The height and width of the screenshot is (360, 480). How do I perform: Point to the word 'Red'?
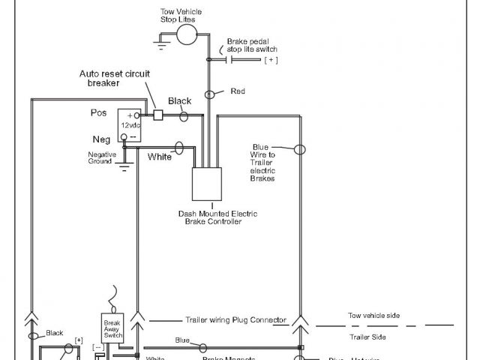[237, 91]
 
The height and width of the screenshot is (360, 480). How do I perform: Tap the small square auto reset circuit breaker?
[158, 115]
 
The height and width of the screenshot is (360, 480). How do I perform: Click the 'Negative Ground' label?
[102, 157]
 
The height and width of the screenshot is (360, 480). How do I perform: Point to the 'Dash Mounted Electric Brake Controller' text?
[217, 217]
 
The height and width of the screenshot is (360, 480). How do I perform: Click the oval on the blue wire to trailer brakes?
[300, 149]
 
